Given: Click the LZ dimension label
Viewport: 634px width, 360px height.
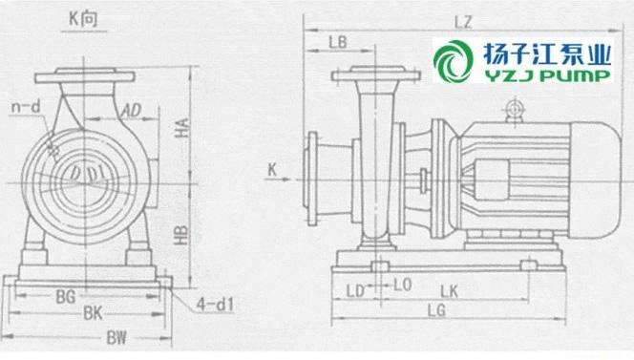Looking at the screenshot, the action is [x=463, y=22].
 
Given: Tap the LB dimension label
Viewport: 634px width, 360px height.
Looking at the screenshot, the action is [x=338, y=42].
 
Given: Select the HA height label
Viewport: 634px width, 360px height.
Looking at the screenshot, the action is [x=182, y=127].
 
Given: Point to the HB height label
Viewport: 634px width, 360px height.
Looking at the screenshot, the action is [x=181, y=236].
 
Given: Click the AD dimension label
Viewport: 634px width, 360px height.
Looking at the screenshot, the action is [x=132, y=111].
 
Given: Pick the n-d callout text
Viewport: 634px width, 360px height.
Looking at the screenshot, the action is [x=27, y=107].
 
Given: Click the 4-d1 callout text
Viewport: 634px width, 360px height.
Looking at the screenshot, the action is [x=215, y=305].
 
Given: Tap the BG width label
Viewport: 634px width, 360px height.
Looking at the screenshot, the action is [x=66, y=297].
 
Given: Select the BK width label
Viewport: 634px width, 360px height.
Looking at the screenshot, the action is [x=93, y=313].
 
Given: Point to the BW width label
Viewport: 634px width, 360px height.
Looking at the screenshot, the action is [x=116, y=338].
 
